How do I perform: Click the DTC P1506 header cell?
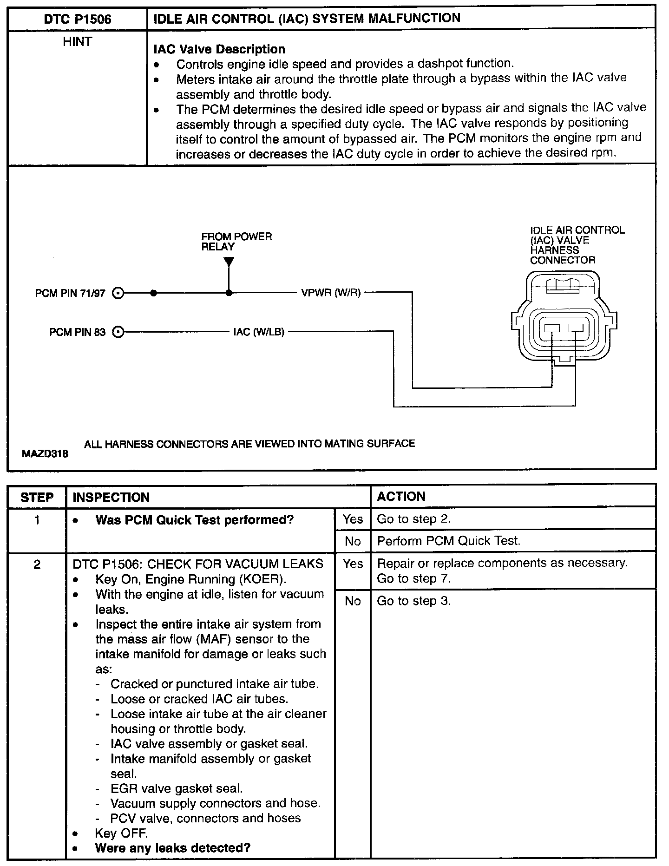click(x=78, y=19)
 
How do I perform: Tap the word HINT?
click(x=77, y=42)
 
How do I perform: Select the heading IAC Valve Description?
click(x=219, y=49)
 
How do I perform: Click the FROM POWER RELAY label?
click(x=236, y=242)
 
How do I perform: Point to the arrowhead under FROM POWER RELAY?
click(x=229, y=262)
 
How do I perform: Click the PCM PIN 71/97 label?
click(x=70, y=294)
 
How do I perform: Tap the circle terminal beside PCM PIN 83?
click(x=118, y=332)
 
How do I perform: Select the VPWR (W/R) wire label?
click(x=331, y=293)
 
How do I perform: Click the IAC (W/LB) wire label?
click(x=259, y=332)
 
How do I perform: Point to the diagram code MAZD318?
click(x=45, y=453)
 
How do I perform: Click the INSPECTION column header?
click(x=111, y=497)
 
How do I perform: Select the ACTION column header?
click(x=401, y=496)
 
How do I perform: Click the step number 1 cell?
click(x=37, y=519)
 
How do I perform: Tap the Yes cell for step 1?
click(x=353, y=519)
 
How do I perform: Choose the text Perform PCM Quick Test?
click(x=448, y=541)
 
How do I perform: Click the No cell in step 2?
click(x=353, y=601)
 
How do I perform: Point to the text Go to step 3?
click(x=413, y=601)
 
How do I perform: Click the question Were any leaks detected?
click(x=173, y=848)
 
